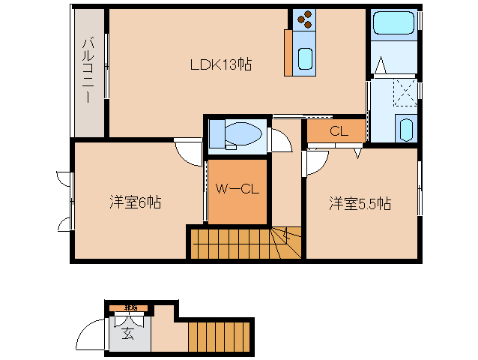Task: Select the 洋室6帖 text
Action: [x=136, y=202]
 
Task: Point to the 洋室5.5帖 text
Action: [x=362, y=203]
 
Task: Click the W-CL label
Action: [x=238, y=189]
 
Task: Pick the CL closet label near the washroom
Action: [x=339, y=130]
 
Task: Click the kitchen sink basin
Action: [x=306, y=58]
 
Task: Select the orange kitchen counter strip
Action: [x=288, y=52]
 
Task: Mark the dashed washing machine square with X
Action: [x=405, y=94]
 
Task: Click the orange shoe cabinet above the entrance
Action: [x=130, y=308]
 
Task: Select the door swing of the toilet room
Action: [x=280, y=142]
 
